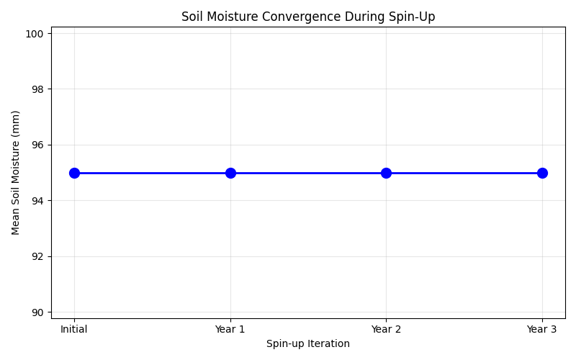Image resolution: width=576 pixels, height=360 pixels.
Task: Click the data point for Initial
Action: tap(74, 173)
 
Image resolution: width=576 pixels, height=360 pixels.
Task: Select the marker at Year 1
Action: tap(230, 173)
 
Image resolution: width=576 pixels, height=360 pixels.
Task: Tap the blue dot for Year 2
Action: tap(386, 173)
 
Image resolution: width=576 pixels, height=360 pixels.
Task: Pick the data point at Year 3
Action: tap(542, 173)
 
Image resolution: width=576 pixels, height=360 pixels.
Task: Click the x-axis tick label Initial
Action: tap(74, 329)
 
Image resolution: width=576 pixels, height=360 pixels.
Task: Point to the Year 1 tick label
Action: tap(230, 329)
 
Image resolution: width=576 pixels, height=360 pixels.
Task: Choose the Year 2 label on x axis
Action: tap(386, 329)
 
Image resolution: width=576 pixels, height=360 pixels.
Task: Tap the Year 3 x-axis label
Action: tap(542, 329)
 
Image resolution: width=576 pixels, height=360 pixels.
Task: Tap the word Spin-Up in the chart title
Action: tap(415, 17)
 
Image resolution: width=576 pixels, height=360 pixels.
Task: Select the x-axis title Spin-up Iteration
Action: tap(308, 344)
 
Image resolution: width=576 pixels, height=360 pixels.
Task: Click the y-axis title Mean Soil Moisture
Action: tap(16, 173)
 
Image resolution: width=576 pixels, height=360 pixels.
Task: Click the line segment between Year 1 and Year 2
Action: tap(308, 173)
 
